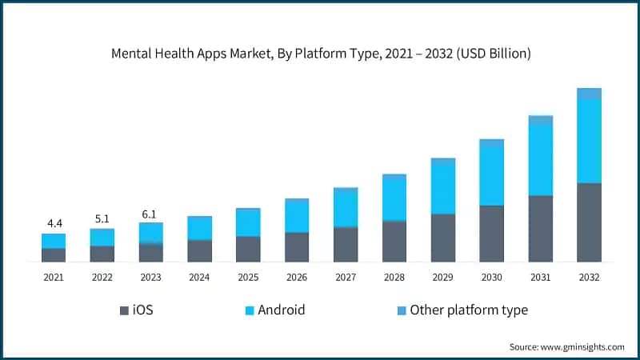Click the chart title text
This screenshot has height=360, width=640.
point(320,54)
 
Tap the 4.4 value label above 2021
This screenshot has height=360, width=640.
point(54,222)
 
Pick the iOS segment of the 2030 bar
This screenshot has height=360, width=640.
point(491,234)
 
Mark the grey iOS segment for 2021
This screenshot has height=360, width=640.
point(54,255)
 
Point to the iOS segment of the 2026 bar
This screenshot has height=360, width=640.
point(297,247)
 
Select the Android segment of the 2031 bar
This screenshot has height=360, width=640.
point(540,160)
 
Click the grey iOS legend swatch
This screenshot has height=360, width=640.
point(124,310)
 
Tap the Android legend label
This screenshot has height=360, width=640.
point(281,310)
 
